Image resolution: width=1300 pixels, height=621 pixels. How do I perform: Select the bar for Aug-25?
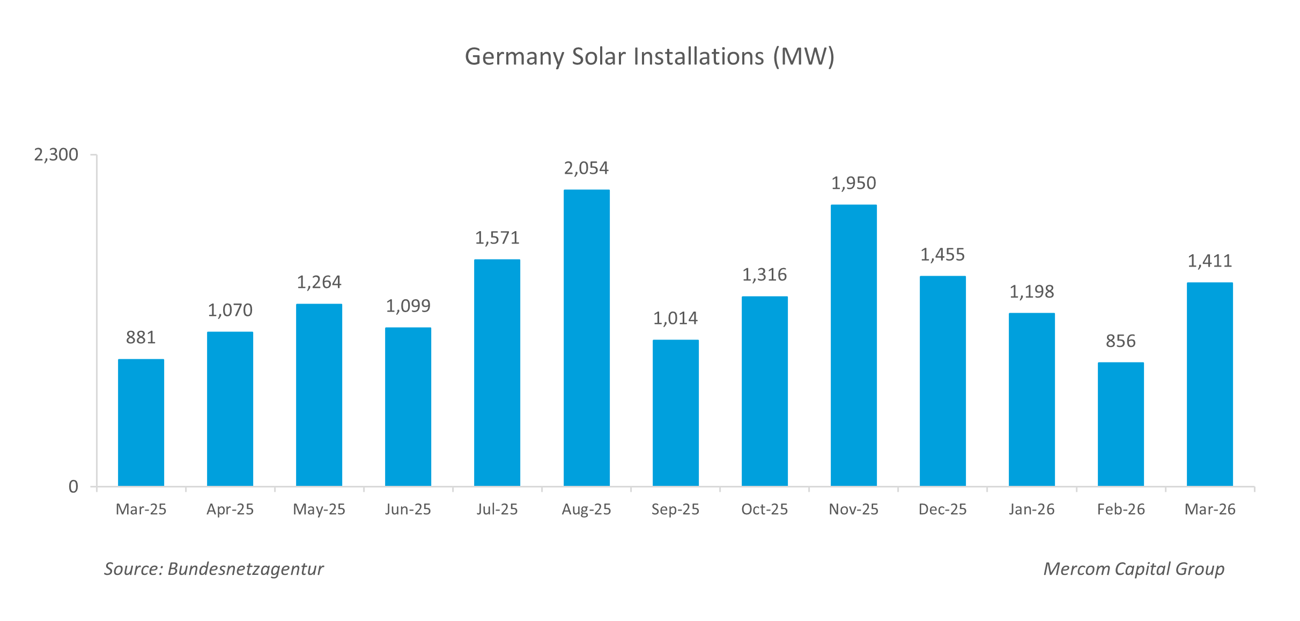pos(586,338)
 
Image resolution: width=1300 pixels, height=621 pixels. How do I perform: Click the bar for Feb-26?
pos(1120,424)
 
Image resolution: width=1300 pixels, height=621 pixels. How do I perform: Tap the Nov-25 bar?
pos(853,345)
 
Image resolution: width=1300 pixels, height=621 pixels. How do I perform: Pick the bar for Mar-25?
pos(141,423)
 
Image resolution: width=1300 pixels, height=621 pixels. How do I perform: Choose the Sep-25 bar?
pos(675,413)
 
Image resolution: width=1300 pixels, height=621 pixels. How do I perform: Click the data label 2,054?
pos(586,168)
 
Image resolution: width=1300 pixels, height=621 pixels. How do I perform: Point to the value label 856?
pos(1120,341)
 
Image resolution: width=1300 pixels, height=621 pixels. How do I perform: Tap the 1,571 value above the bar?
pos(497,238)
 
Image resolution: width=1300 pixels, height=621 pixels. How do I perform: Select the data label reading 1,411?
pos(1209,261)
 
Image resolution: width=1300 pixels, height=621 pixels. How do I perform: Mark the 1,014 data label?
pos(675,319)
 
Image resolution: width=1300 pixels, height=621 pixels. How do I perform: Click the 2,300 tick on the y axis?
pos(56,155)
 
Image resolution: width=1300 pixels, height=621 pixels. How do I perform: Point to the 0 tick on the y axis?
pos(73,487)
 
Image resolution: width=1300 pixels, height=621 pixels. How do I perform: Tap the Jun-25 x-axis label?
pos(408,509)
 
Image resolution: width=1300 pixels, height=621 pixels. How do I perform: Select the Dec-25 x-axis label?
pos(942,509)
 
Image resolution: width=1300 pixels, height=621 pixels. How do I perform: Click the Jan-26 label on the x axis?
pos(1031,509)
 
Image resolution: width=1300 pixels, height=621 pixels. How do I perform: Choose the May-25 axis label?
pos(319,509)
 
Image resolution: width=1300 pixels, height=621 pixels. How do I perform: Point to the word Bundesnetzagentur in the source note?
pos(246,569)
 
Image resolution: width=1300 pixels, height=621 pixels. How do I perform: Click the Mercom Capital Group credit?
pos(1134,569)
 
